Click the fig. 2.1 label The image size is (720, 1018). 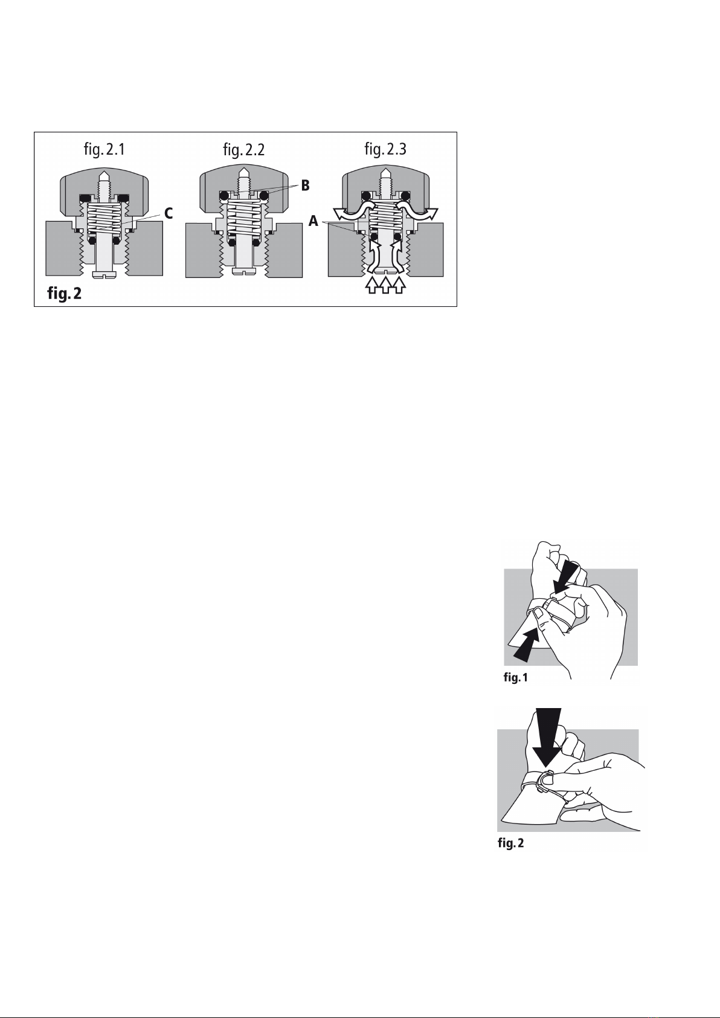tap(104, 149)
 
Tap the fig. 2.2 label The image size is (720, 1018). tap(243, 149)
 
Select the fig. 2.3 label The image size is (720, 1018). tap(385, 149)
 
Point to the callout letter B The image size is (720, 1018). tap(305, 185)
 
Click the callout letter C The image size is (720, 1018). tap(169, 213)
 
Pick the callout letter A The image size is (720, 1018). tap(313, 221)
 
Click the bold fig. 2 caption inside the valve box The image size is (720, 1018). tap(65, 294)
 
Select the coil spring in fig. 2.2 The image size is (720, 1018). tap(245, 217)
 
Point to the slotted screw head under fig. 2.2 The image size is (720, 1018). tap(245, 272)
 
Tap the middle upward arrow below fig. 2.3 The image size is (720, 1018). tap(385, 285)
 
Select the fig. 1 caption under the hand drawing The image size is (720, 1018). tap(516, 678)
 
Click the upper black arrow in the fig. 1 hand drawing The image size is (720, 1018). tap(567, 576)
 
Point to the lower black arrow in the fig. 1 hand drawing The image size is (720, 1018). tap(529, 645)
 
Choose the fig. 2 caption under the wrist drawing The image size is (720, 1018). tap(510, 843)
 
